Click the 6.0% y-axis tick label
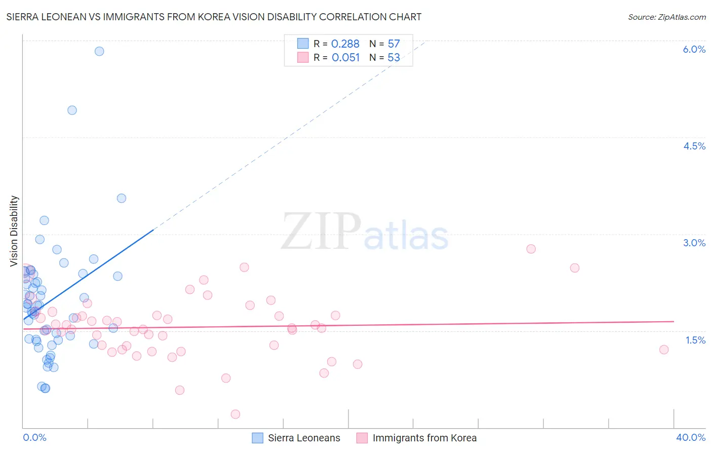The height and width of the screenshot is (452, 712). click(x=694, y=49)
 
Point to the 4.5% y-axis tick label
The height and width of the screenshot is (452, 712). click(x=694, y=146)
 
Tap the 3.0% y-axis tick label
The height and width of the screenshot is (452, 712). click(x=694, y=243)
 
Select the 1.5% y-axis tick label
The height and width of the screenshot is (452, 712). click(x=695, y=340)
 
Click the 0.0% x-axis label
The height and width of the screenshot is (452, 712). click(x=34, y=437)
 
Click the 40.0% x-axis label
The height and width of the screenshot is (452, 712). click(x=690, y=437)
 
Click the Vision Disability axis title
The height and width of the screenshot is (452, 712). click(x=14, y=231)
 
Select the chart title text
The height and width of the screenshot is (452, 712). click(x=214, y=17)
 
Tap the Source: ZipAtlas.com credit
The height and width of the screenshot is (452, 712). click(x=666, y=17)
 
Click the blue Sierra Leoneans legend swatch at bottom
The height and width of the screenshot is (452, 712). click(x=258, y=438)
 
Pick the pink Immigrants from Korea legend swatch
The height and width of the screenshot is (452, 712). click(x=362, y=438)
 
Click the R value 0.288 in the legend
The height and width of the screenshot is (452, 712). click(x=345, y=44)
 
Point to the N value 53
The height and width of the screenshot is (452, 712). click(x=393, y=58)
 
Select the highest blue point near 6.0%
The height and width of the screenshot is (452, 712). click(x=99, y=51)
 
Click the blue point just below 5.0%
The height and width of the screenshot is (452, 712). click(x=72, y=110)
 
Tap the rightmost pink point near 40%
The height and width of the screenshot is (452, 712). click(x=664, y=350)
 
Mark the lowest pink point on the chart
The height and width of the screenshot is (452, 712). click(x=235, y=414)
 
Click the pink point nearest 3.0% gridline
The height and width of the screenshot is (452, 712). click(x=531, y=249)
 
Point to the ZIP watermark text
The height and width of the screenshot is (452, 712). click(x=321, y=232)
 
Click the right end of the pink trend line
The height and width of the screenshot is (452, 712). click(x=674, y=321)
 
